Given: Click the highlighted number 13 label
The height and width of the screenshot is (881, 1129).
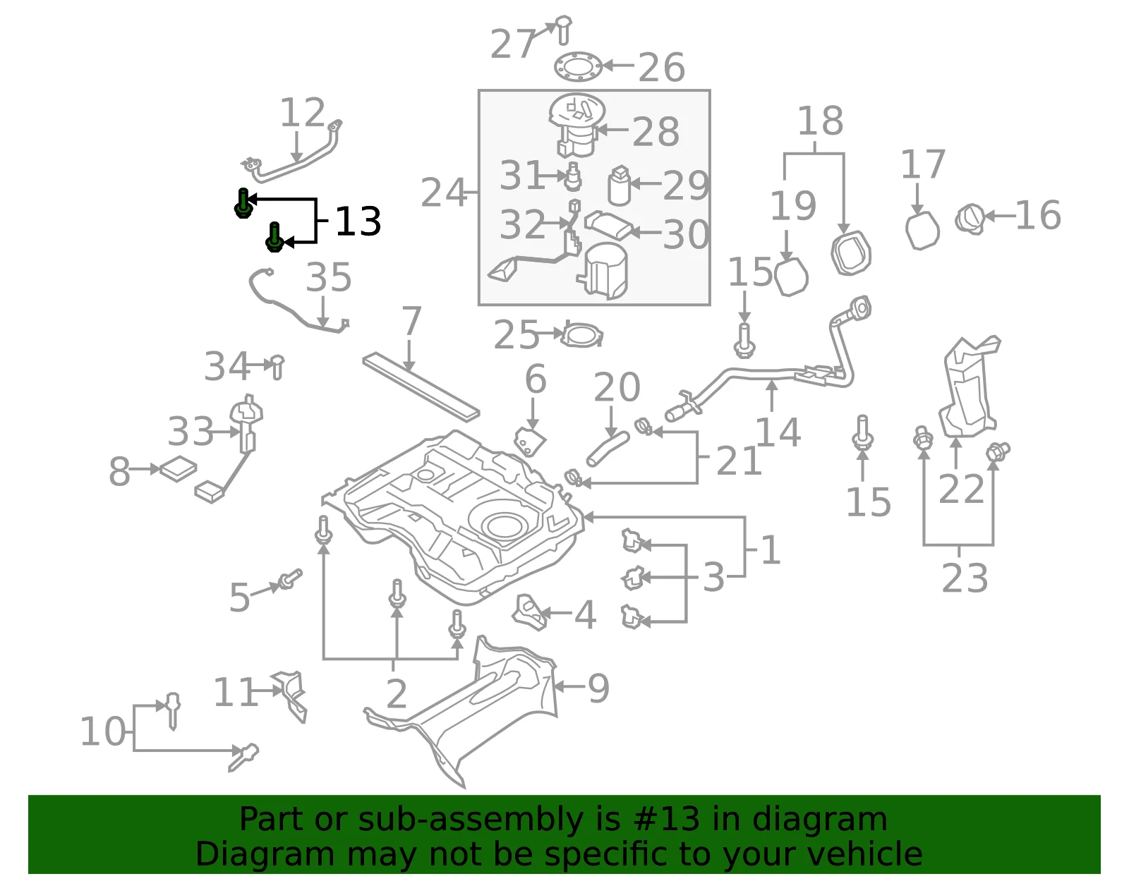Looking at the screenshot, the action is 358,221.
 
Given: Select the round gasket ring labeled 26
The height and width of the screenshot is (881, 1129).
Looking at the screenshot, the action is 578,67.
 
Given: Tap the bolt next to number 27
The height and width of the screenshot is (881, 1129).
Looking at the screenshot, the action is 563,30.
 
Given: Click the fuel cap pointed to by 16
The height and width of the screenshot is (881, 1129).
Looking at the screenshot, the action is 970,219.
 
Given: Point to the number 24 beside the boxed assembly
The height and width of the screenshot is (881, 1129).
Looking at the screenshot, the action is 443,193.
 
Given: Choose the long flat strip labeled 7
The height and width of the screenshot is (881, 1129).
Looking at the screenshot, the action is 421,387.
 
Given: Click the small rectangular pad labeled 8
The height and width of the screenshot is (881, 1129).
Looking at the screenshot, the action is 179,469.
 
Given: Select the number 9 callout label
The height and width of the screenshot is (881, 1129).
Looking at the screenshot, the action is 598,688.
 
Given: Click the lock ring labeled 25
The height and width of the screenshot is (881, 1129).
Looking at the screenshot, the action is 582,335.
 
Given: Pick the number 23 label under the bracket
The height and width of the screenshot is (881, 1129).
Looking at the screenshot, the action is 965,578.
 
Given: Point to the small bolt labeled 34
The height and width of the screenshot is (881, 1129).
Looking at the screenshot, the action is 277,367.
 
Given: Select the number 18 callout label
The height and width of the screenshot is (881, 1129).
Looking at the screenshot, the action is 821,121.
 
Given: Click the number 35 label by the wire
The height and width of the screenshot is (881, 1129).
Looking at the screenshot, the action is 328,277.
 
